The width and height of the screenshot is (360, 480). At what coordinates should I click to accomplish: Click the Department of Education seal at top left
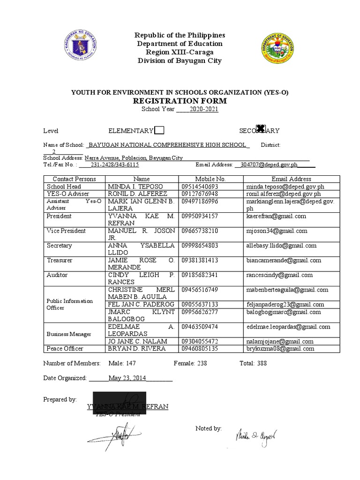80,47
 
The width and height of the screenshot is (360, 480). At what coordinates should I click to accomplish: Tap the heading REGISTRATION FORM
180,101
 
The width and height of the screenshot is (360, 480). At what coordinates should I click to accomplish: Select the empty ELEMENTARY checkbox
159,130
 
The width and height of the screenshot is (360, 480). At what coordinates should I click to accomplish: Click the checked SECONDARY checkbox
262,129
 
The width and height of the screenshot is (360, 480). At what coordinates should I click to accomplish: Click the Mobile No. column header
210,179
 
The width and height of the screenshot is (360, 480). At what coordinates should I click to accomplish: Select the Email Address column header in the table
291,179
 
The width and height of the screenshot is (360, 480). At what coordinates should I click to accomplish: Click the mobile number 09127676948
199,194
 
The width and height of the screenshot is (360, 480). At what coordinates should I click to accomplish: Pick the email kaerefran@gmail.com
276,216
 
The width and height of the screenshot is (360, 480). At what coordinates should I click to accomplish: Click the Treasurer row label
60,260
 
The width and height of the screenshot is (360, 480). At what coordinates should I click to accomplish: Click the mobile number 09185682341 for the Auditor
199,275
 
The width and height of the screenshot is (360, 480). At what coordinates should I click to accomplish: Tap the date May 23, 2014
127,378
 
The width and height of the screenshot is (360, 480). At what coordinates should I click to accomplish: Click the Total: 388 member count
253,363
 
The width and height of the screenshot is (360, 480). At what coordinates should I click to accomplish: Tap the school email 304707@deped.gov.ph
269,165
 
